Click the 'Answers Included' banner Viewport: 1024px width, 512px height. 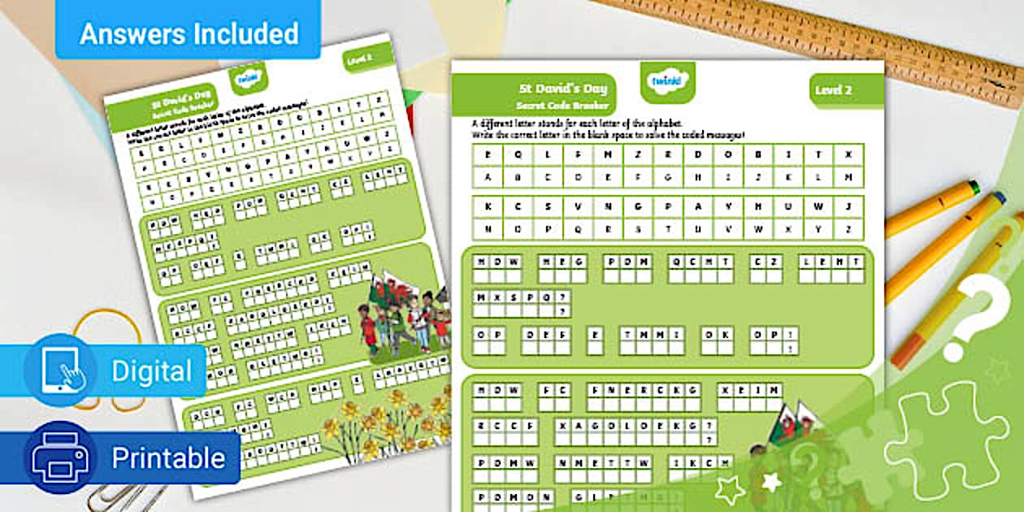[x=189, y=33]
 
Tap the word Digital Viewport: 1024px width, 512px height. [x=152, y=371]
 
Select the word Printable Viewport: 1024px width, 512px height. [x=167, y=458]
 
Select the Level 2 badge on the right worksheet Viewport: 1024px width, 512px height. [x=834, y=89]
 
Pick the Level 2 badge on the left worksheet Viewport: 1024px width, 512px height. [x=358, y=59]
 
